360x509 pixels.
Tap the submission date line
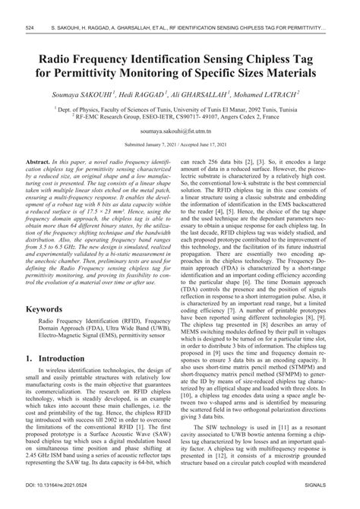(x=179, y=144)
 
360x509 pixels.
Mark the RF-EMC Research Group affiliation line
(x=179, y=117)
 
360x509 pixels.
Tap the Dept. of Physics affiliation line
(x=179, y=109)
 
